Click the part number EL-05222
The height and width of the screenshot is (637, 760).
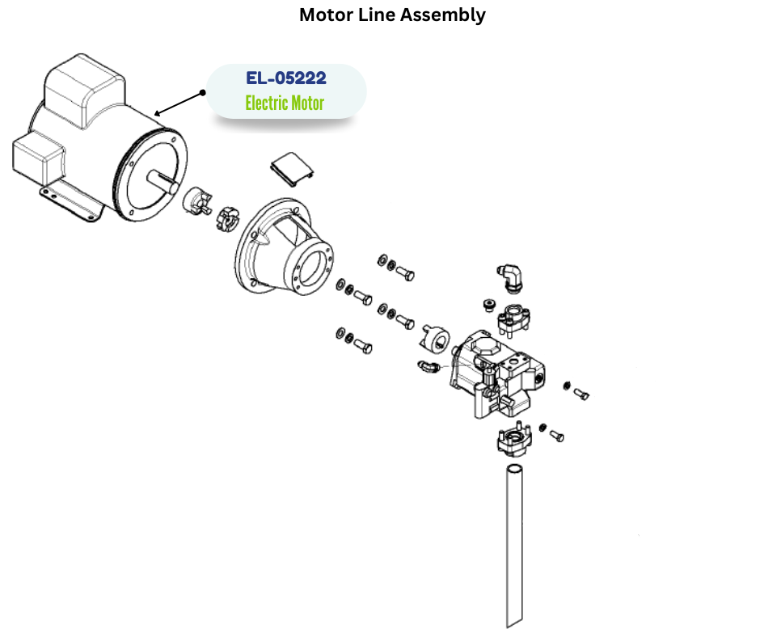[286, 78]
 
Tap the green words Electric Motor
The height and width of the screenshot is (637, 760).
[285, 103]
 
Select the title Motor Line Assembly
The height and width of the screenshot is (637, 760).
[392, 15]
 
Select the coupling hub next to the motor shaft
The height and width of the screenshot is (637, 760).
[196, 200]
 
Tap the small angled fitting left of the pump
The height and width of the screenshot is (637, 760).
[429, 368]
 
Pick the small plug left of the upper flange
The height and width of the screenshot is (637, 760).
[488, 304]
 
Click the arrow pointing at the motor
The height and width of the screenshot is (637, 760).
[179, 103]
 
